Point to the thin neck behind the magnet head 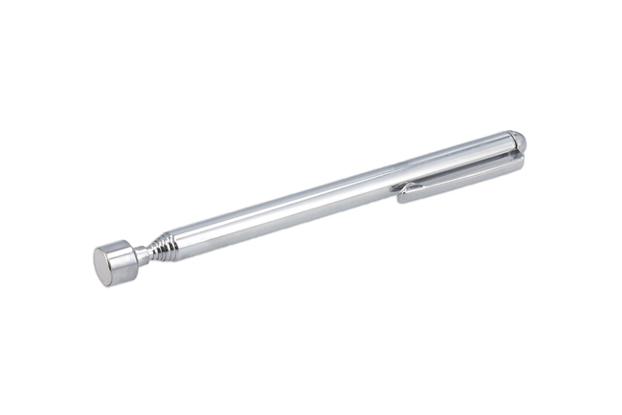144,254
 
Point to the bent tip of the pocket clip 403,194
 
